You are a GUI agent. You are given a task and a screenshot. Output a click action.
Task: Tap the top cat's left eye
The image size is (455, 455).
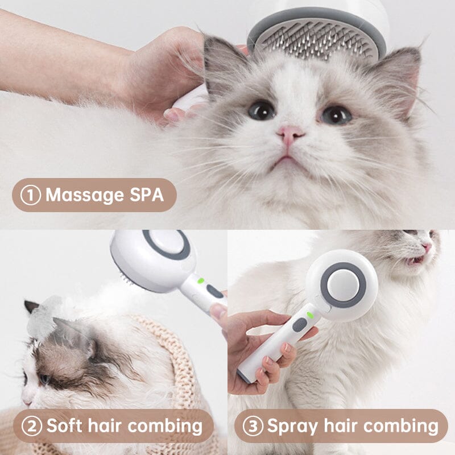point(262,109)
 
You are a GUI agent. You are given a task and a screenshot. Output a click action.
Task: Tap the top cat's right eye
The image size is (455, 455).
point(336,114)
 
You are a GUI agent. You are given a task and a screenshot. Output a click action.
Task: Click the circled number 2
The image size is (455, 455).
point(32,425)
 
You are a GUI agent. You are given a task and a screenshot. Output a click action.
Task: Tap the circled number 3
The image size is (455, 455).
point(253,425)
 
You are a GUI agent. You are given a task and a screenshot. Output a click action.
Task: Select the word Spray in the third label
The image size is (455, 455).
point(292,425)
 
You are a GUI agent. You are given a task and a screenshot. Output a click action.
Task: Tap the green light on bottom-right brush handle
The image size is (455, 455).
point(310,315)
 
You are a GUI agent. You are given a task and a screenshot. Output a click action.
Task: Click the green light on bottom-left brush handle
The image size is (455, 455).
point(200,280)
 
